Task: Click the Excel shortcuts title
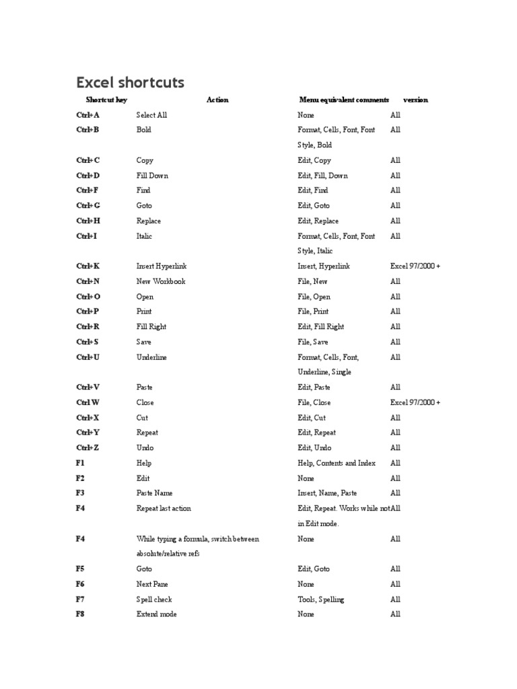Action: pos(131,83)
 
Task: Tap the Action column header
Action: pos(217,100)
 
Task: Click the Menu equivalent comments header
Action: pos(343,100)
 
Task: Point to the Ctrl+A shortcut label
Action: pos(88,115)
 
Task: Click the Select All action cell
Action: pos(151,115)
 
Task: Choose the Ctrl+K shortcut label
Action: pos(88,266)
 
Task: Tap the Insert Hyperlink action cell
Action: pos(162,266)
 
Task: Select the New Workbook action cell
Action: pos(161,281)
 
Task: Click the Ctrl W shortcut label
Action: pos(88,402)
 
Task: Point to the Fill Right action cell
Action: pos(151,327)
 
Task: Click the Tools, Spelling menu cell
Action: pos(320,600)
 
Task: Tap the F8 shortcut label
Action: pos(80,614)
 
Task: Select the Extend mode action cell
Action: pos(157,614)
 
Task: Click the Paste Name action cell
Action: pos(155,493)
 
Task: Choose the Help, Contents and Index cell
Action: pos(337,463)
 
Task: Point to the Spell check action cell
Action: pos(154,600)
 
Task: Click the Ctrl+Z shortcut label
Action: pos(88,448)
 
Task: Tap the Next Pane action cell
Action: pos(153,584)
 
